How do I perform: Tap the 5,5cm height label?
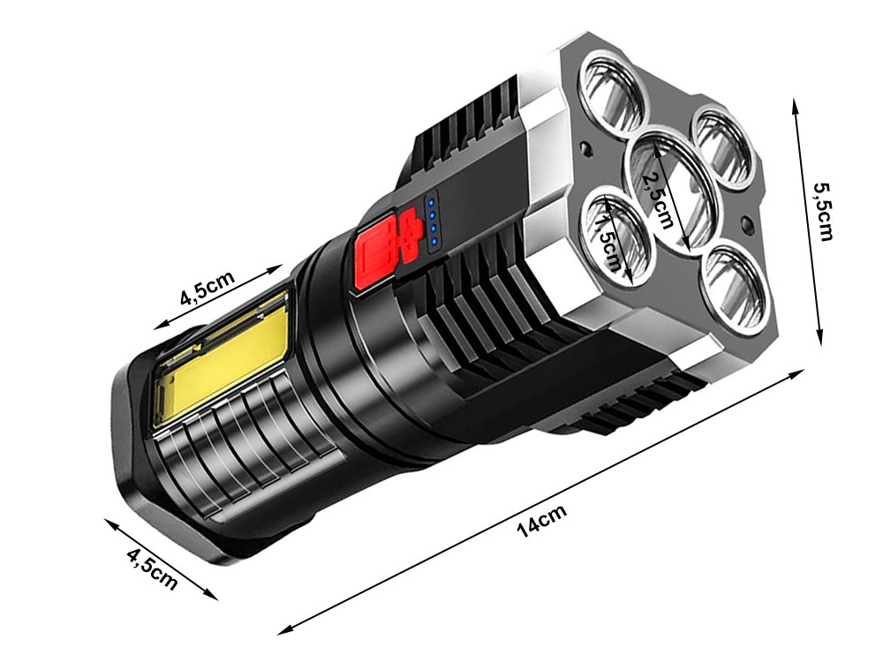click(823, 213)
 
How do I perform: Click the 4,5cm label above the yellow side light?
click(208, 290)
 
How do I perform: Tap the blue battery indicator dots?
click(434, 222)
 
